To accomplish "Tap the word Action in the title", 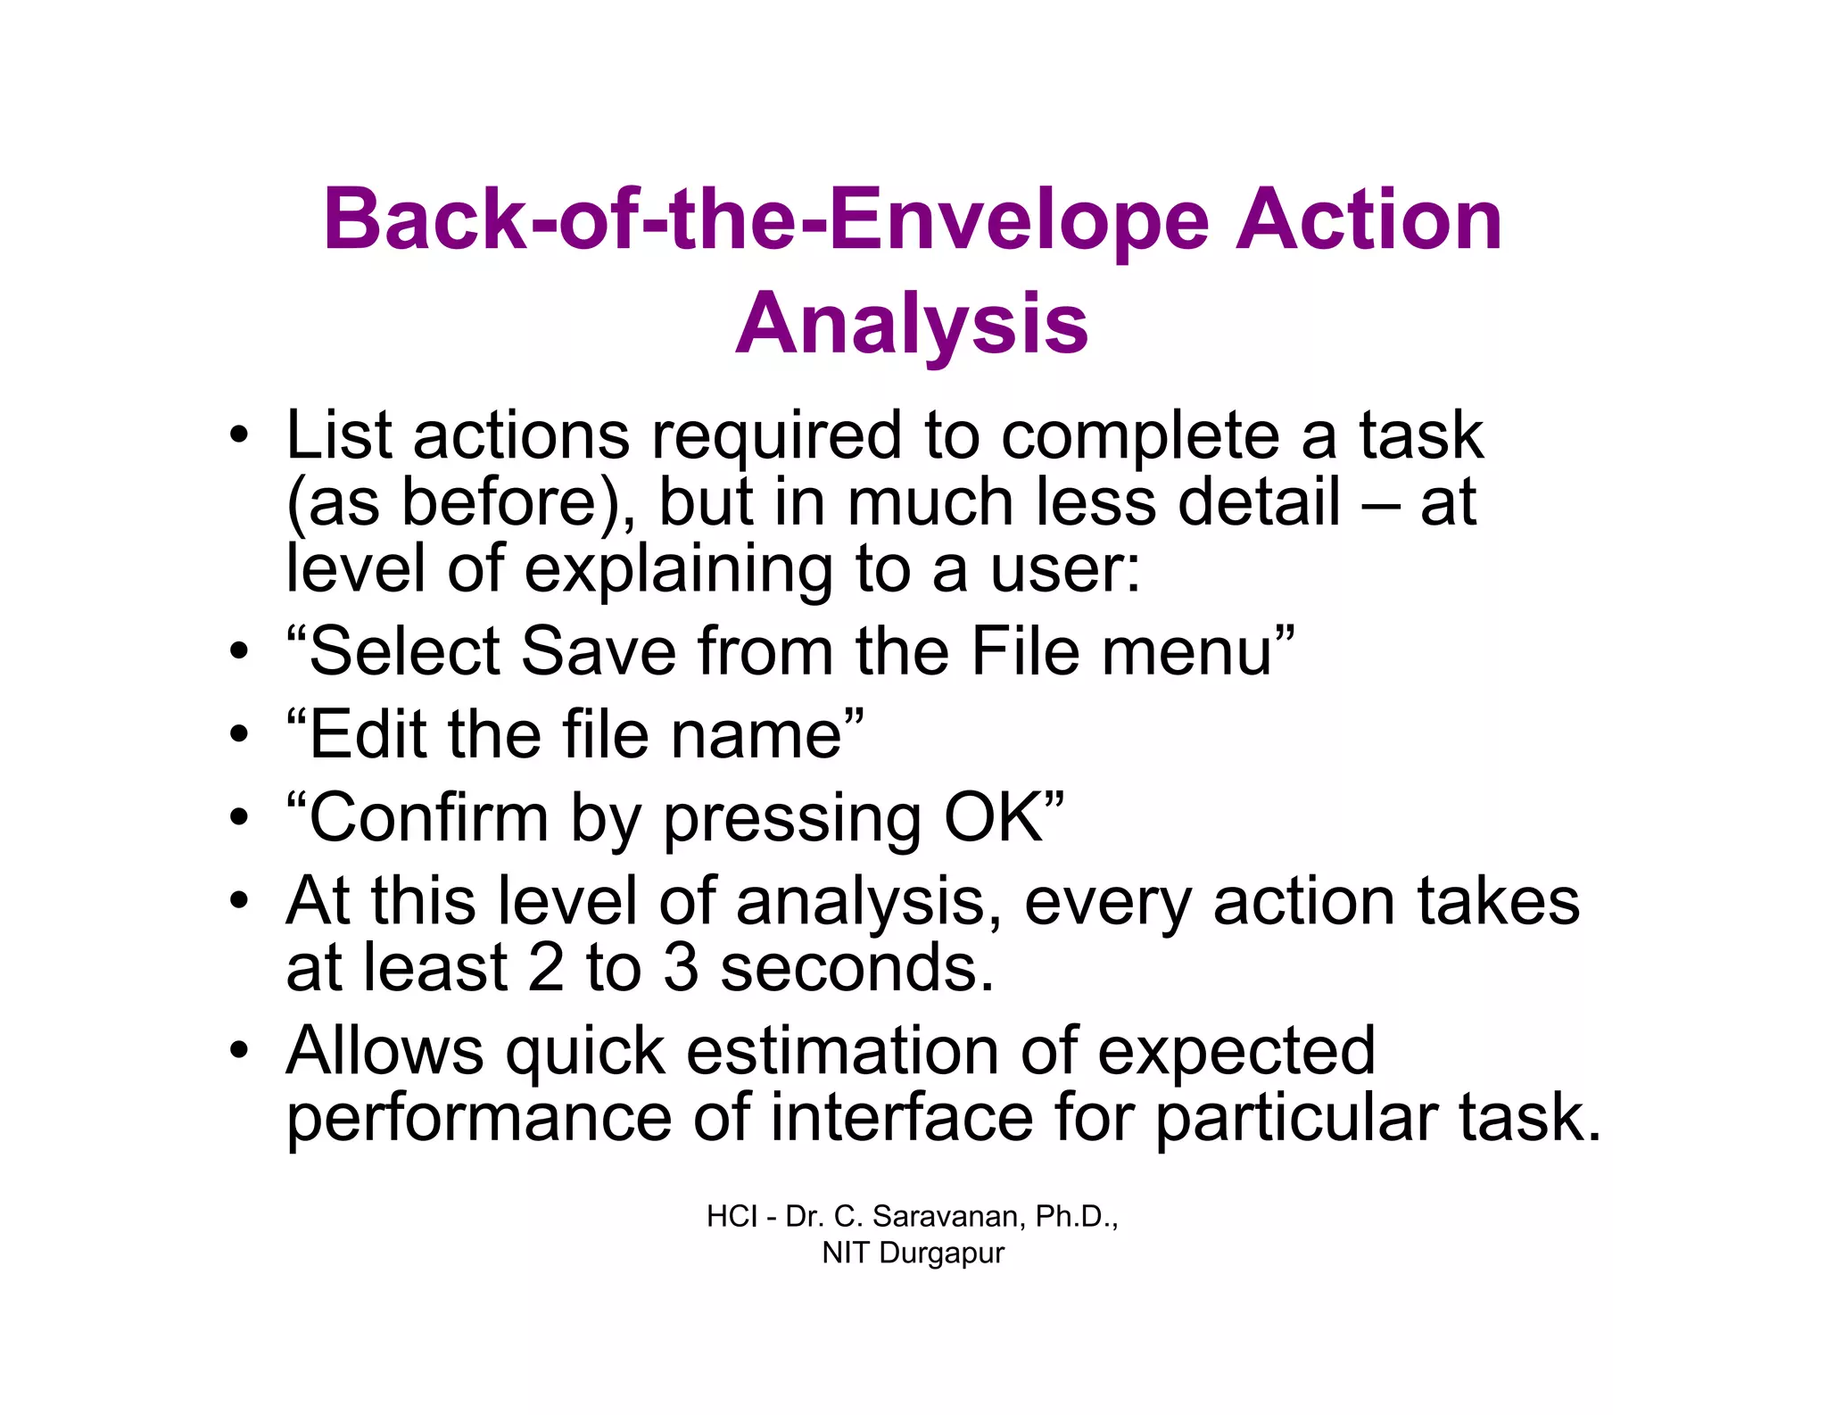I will coord(1368,219).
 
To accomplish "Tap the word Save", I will coord(599,651).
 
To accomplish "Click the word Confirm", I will coord(428,817).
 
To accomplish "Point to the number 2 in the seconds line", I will coord(546,967).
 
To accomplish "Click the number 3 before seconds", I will coord(681,967).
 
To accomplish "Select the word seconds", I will coord(856,967).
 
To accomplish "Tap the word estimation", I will coord(842,1050).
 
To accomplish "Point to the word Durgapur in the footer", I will coord(942,1253).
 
